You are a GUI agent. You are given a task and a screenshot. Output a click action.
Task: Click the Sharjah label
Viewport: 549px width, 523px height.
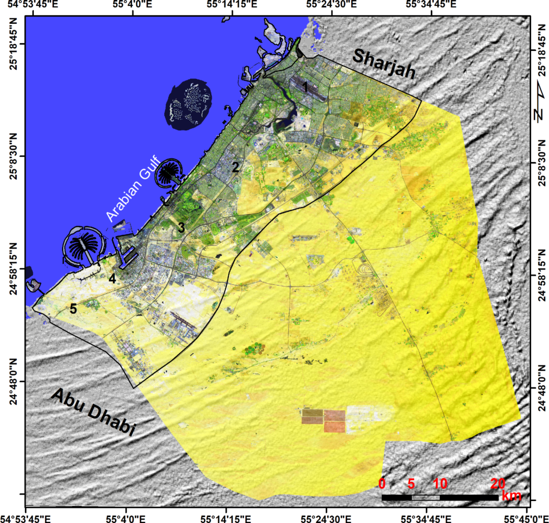pyautogui.click(x=384, y=64)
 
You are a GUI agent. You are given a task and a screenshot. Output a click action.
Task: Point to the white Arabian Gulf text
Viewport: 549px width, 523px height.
pyautogui.click(x=132, y=189)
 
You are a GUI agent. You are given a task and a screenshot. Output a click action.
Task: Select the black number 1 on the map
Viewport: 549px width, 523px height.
pyautogui.click(x=305, y=86)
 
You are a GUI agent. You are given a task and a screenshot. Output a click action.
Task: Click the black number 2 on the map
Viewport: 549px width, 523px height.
pyautogui.click(x=235, y=167)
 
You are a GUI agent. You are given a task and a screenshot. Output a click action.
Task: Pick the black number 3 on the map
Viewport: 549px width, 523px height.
pyautogui.click(x=181, y=227)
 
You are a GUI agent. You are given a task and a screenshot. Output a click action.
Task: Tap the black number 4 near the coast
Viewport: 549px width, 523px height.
pyautogui.click(x=112, y=278)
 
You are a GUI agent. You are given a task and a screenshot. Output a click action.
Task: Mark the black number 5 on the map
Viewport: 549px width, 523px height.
pyautogui.click(x=73, y=309)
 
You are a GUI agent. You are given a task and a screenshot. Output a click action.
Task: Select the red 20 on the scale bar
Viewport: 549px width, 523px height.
pyautogui.click(x=498, y=484)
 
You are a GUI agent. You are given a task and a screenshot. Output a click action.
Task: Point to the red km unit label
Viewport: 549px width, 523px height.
pyautogui.click(x=511, y=496)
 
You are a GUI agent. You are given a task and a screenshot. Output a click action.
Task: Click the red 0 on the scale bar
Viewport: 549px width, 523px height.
pyautogui.click(x=382, y=484)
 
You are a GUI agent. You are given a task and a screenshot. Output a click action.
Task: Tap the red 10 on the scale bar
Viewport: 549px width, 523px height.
pyautogui.click(x=440, y=484)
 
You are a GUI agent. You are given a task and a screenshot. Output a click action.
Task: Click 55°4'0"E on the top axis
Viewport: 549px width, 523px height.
pyautogui.click(x=133, y=5)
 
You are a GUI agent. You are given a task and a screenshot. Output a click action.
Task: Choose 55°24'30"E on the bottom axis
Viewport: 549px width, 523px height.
pyautogui.click(x=326, y=517)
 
